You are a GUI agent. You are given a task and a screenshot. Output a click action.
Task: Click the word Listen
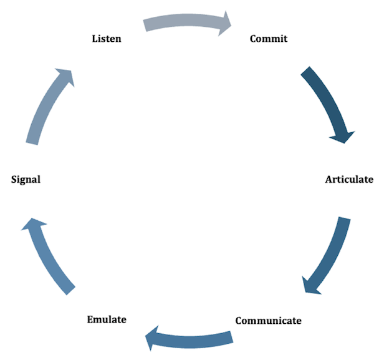107,39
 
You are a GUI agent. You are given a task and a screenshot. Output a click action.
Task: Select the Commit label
269,39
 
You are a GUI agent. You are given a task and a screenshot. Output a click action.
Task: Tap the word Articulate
349,180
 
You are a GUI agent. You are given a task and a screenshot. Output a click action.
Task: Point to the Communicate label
268,321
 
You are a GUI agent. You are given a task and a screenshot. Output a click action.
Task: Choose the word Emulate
106,319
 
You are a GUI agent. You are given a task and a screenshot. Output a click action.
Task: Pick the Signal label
26,180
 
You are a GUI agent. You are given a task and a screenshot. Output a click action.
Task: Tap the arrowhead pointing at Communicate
311,285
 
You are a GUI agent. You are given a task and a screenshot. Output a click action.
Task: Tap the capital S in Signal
14,180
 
